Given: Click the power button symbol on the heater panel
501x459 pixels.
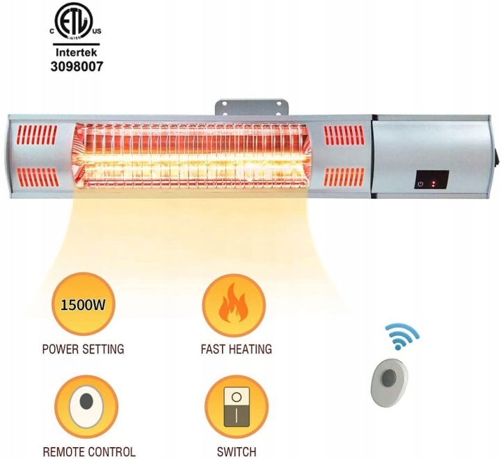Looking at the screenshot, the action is (x=420, y=184).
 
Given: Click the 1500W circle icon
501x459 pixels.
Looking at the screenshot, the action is (x=83, y=304).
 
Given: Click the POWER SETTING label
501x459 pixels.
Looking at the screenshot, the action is (x=83, y=348).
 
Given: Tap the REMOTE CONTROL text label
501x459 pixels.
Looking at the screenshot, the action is (x=88, y=452).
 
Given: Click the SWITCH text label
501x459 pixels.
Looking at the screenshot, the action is (x=236, y=452).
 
